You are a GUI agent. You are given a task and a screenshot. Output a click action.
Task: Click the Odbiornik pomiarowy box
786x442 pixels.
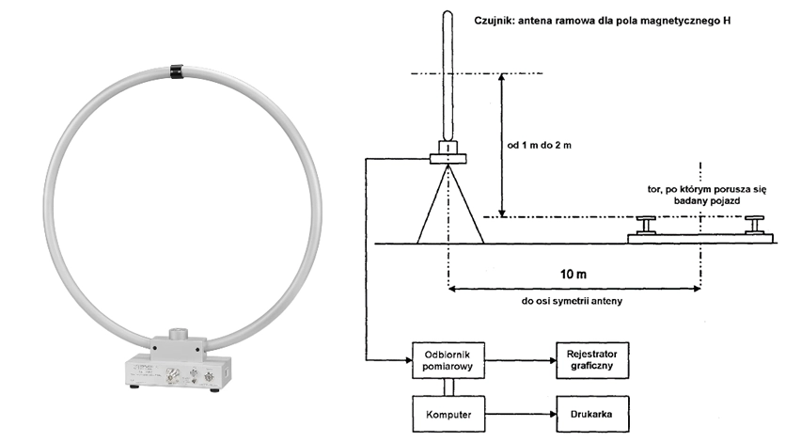[x=448, y=360]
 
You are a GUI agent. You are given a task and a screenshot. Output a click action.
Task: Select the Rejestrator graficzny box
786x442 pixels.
[x=592, y=360]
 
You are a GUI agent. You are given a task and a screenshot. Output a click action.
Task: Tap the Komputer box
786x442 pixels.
[x=448, y=414]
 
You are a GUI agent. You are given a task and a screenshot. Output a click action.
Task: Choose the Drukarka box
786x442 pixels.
[x=592, y=414]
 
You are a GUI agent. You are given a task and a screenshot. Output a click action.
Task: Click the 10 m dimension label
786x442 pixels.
[x=573, y=274]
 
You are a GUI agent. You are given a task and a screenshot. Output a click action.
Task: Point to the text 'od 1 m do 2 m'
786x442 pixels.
[x=539, y=146]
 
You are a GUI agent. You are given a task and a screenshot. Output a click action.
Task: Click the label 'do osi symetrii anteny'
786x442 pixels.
[x=572, y=301]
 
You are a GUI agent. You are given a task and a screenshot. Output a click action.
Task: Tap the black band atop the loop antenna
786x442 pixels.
[x=177, y=71]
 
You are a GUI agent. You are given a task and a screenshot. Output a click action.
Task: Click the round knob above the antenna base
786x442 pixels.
[x=177, y=334]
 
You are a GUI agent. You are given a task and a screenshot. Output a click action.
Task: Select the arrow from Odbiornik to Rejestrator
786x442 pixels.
[x=520, y=360]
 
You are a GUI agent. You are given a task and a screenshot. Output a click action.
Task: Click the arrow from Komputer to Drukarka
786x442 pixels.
[x=521, y=414]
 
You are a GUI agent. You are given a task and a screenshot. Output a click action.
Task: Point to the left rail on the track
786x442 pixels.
[x=646, y=225]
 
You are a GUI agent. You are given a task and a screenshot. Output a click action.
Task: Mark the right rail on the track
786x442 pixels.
[x=754, y=225]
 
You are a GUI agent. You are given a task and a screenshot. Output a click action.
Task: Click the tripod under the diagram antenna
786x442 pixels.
[x=450, y=204]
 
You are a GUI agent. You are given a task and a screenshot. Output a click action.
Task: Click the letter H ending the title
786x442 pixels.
[x=727, y=21]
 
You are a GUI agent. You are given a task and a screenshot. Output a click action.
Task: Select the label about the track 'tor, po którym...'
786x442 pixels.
[x=706, y=195]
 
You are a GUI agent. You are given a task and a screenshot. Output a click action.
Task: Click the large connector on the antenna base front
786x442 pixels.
[x=172, y=374]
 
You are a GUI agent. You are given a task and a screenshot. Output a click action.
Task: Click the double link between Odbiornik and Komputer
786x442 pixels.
[x=448, y=387]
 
